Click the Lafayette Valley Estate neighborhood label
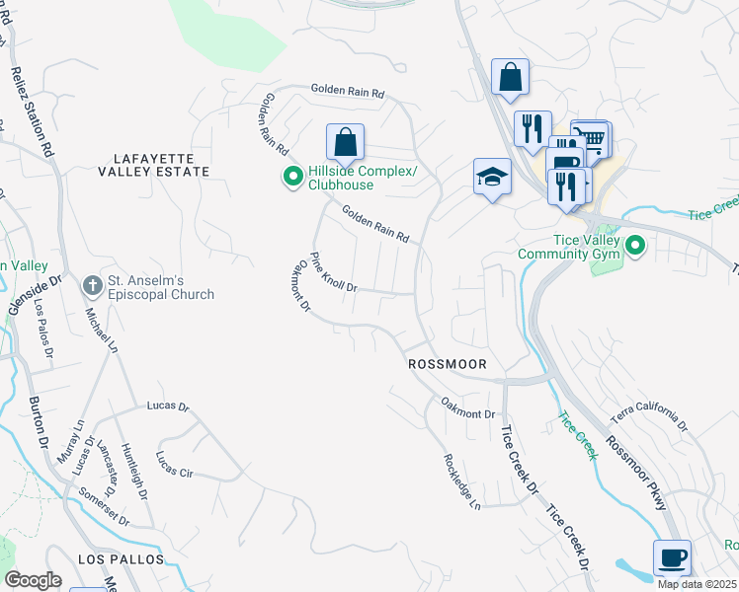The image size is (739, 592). tap(153, 164)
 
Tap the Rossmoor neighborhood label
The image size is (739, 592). tap(448, 364)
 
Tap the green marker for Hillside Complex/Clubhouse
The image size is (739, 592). tap(292, 178)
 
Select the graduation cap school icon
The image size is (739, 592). tap(491, 177)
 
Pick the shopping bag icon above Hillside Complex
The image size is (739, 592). tap(345, 142)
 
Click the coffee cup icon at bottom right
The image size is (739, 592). tap(672, 557)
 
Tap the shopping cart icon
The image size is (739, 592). tap(592, 139)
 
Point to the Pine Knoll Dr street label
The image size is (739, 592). tap(333, 272)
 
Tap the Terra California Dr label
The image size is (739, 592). tap(648, 416)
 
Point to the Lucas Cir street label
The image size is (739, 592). tap(174, 465)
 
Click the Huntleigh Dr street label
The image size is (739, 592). tap(133, 470)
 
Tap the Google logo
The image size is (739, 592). tap(33, 580)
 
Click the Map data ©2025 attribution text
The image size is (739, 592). tap(697, 584)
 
